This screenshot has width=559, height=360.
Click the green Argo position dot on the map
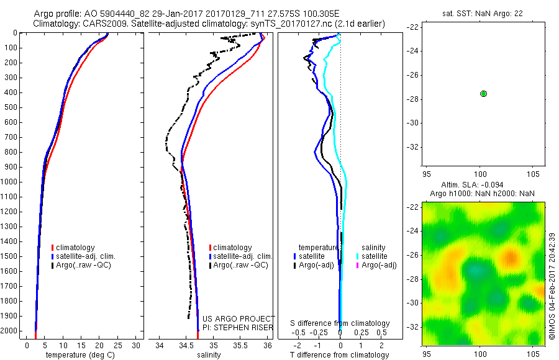tap(483, 93)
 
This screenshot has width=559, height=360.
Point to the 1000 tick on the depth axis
tap(11, 182)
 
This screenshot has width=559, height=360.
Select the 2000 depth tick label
tap(11, 331)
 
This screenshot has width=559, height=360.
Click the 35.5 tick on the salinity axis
tap(240, 344)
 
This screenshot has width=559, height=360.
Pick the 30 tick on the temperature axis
tap(135, 344)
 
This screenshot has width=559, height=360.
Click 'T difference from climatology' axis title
tap(339, 355)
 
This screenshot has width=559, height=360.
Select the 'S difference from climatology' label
tap(340, 323)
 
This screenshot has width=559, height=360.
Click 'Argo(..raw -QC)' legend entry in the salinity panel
tap(240, 265)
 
